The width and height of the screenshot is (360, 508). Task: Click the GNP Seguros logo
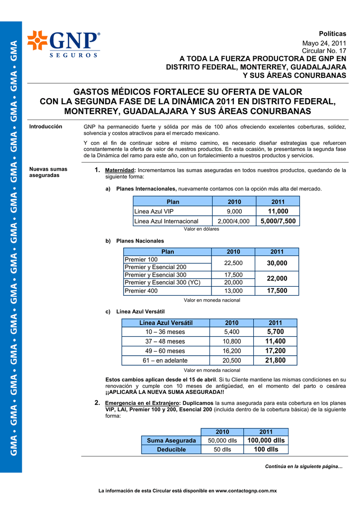(63, 44)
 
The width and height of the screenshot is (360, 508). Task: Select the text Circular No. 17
(324, 51)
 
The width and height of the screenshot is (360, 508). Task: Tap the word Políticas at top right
(332, 33)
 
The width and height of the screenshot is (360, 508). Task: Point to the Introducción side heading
(46, 127)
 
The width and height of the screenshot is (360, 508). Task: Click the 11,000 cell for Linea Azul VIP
(278, 211)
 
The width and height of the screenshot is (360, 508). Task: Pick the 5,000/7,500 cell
(278, 221)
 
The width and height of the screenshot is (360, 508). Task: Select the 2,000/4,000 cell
(233, 221)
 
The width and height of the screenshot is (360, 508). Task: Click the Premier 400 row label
(141, 291)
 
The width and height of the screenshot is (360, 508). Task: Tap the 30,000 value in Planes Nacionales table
(277, 263)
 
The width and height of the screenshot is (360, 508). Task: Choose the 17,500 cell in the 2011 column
(277, 291)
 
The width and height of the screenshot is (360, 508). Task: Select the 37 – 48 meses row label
(165, 341)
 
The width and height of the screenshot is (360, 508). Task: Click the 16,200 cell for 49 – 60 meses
(231, 351)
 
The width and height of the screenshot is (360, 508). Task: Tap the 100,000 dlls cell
(266, 440)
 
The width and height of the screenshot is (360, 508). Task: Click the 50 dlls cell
(222, 449)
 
